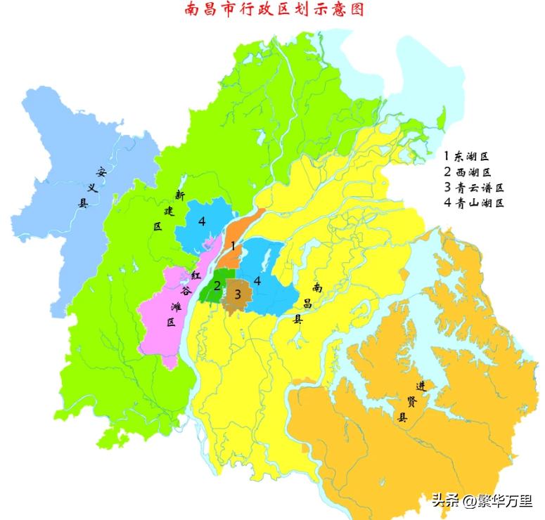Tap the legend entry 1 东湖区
466,156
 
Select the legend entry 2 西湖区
467,172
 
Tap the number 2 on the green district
217,285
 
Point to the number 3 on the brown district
238,294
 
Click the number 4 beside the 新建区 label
202,221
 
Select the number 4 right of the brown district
258,280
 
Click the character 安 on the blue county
101,171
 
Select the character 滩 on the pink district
176,307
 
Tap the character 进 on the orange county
421,386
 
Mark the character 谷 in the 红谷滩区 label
186,291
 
